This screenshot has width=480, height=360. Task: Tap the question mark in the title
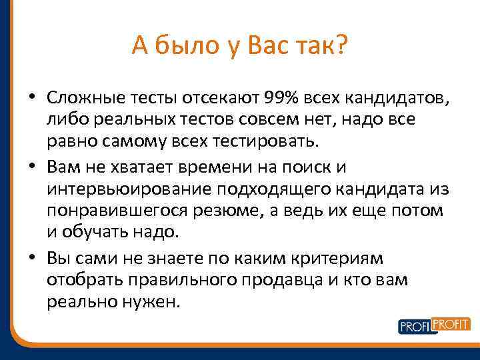341,46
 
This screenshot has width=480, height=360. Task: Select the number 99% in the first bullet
283,99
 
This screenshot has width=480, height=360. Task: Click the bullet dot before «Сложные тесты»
32,99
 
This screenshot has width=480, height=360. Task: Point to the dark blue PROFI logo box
415,327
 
